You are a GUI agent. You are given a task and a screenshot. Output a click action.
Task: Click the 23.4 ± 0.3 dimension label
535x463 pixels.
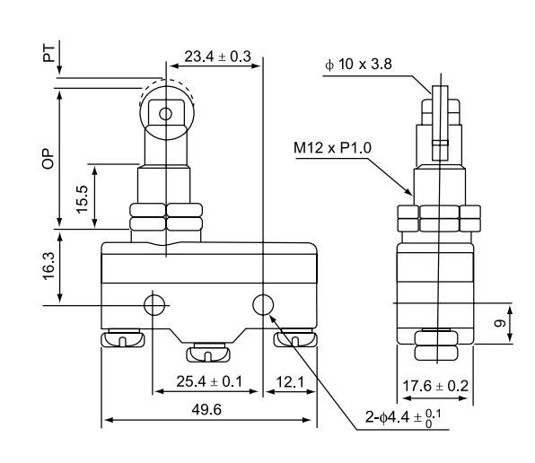point(218,57)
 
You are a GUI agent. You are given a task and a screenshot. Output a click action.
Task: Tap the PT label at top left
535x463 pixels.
point(49,53)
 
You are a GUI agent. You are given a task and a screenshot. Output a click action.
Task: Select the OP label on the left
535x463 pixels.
point(48,159)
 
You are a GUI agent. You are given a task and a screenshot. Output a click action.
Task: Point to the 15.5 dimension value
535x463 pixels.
point(83,199)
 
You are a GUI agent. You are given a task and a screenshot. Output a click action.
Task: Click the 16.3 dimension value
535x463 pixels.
point(48,266)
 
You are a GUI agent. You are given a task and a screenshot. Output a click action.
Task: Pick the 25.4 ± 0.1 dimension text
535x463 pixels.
point(209,381)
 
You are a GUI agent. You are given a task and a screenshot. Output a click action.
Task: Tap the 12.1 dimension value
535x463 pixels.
point(290,382)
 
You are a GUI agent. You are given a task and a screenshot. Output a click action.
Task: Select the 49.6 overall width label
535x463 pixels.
point(206,409)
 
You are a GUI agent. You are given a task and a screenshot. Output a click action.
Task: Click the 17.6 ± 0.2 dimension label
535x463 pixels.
point(435,386)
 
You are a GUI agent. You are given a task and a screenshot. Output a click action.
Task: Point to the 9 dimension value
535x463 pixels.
point(501,322)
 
